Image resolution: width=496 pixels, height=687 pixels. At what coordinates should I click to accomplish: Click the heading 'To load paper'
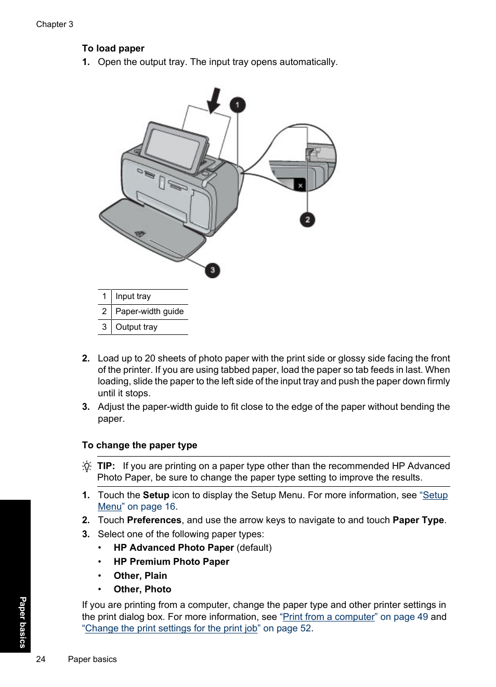click(x=113, y=48)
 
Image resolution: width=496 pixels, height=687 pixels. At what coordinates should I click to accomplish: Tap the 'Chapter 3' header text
click(x=55, y=24)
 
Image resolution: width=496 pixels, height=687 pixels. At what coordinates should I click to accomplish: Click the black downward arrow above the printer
click(x=214, y=100)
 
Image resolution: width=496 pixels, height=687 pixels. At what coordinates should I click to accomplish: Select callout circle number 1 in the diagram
click(x=238, y=105)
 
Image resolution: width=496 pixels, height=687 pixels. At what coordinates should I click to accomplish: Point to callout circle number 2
click(x=307, y=219)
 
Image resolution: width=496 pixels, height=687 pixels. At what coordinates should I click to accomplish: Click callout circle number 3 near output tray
click(x=212, y=270)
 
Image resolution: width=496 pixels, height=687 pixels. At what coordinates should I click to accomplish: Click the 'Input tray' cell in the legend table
click(x=133, y=296)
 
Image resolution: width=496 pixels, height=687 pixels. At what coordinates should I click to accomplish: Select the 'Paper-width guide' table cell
click(x=149, y=312)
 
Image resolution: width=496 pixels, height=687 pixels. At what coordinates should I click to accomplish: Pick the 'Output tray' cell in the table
click(x=136, y=327)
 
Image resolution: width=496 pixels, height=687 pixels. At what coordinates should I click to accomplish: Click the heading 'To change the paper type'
click(x=139, y=445)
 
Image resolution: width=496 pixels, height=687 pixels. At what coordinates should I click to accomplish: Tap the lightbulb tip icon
click(x=87, y=466)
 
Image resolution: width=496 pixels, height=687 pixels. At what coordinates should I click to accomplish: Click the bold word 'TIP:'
click(x=106, y=466)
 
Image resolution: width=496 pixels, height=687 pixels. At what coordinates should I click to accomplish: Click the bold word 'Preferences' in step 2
click(x=154, y=520)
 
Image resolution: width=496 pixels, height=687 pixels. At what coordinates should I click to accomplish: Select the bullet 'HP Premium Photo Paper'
click(x=171, y=562)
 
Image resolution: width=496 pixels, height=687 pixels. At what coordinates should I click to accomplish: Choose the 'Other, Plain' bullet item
click(x=140, y=576)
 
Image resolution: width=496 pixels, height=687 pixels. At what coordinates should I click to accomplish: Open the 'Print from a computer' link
click(x=329, y=617)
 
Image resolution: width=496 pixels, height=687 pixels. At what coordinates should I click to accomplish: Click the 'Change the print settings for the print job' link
click(x=171, y=628)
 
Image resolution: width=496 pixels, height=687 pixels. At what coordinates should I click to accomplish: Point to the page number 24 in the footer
click(x=41, y=659)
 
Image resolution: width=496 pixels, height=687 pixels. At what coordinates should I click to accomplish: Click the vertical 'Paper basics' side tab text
click(x=22, y=622)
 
